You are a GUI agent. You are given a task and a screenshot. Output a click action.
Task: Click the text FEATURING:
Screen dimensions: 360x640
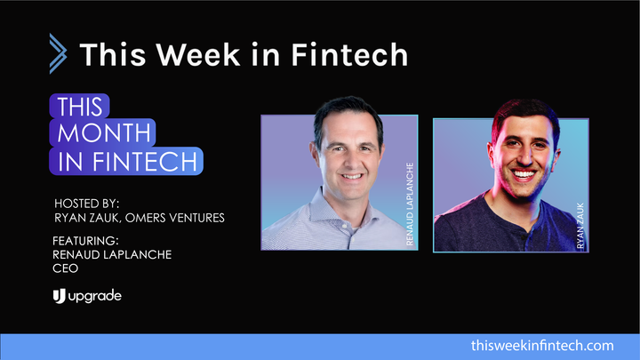pos(88,241)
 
